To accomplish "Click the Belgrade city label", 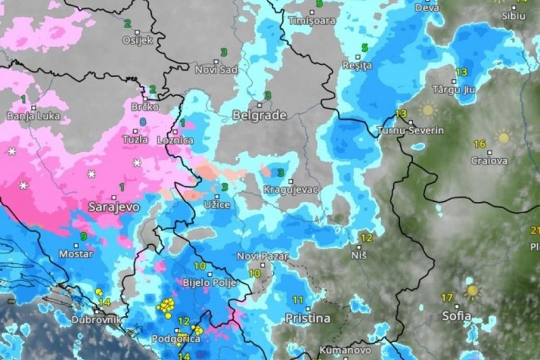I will (259, 115).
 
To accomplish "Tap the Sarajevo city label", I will (114, 207).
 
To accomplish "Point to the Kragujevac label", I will (291, 189).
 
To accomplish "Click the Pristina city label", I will (307, 318).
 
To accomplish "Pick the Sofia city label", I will (457, 316).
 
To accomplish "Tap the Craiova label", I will (489, 160).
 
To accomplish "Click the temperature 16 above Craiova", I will (479, 144).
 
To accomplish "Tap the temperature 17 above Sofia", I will (447, 297).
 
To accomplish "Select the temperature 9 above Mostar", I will (84, 236).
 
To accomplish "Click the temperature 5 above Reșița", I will (365, 47).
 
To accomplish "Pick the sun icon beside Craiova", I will (503, 137).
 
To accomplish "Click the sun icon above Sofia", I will (471, 290).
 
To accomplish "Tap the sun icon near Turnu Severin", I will (427, 110).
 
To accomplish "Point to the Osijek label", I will (137, 40).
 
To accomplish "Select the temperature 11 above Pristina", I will (297, 300).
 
